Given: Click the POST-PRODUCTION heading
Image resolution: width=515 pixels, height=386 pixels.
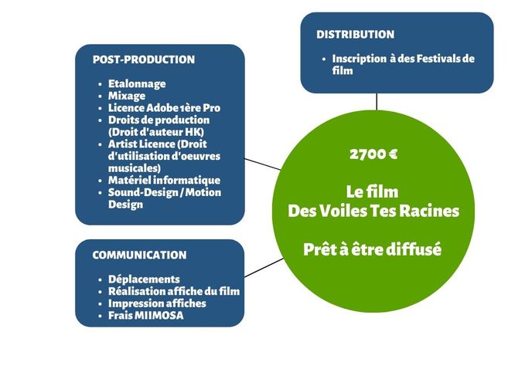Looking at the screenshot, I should pos(143,59).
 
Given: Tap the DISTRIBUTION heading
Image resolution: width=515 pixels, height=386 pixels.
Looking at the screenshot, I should pos(355,35).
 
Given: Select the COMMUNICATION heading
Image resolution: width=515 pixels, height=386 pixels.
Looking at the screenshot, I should pos(139,255).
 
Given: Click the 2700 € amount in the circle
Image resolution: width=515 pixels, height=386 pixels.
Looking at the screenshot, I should pos(373,154).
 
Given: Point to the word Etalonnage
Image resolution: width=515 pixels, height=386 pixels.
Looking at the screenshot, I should pos(137,83).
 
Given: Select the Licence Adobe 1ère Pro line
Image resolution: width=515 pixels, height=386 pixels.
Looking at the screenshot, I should pos(164,108).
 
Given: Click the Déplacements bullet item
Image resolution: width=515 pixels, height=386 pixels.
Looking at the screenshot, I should pos(144,279).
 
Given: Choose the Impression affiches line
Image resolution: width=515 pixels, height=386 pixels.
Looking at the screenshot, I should pos(157,303).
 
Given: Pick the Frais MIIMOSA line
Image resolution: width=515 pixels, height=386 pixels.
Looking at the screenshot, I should pos(146,316).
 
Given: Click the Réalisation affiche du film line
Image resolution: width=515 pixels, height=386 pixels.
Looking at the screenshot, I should pos(173,291).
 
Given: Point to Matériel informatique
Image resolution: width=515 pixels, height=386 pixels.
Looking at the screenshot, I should pos(159,180).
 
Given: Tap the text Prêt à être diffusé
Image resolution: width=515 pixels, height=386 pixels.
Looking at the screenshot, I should pos(373,250).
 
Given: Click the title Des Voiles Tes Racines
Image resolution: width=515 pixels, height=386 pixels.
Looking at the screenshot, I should pos(373,211).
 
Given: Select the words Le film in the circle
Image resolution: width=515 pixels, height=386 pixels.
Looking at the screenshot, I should pos(373,191).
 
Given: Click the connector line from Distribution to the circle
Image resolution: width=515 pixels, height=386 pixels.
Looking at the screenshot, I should pos(377,102).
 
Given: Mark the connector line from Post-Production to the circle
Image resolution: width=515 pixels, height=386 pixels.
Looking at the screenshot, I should pos(263,164).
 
